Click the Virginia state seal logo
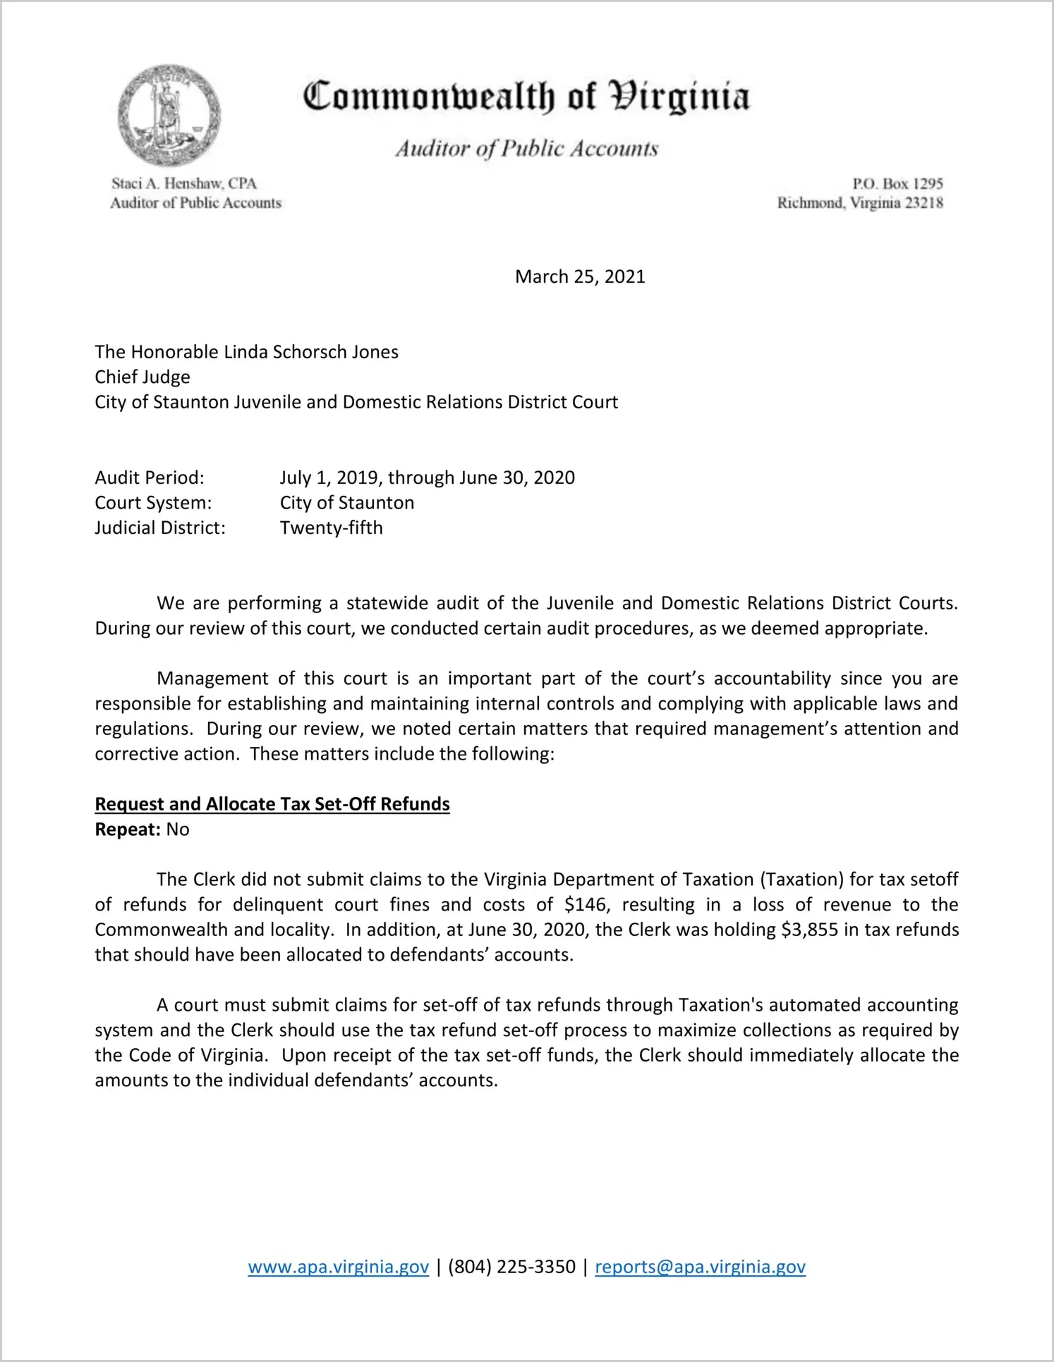point(169,116)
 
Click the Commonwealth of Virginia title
point(526,97)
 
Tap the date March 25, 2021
point(580,276)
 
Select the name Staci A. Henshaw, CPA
point(184,183)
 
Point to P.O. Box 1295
point(897,183)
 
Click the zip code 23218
point(924,203)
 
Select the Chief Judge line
point(143,377)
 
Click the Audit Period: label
point(150,478)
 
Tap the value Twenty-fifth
point(331,528)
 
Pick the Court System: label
point(153,503)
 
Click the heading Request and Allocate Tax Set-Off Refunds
point(272,804)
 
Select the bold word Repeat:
point(128,829)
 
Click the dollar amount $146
point(586,905)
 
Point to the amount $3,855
point(810,930)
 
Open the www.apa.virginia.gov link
point(339,1267)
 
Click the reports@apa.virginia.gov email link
point(700,1267)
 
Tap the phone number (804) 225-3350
point(511,1267)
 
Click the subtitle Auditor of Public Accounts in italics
point(526,149)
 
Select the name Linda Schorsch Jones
point(311,352)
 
